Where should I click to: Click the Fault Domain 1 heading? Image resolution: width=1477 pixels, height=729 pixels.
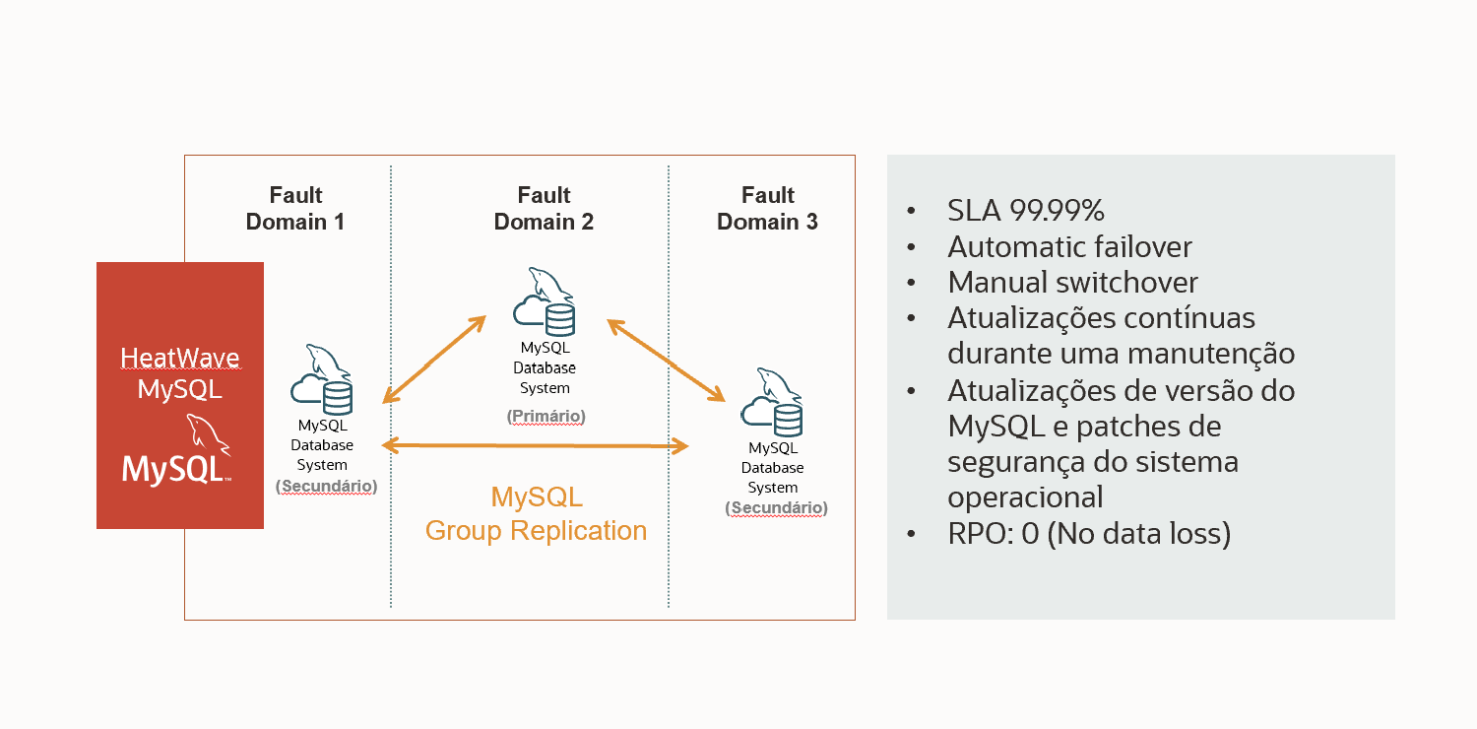[294, 208]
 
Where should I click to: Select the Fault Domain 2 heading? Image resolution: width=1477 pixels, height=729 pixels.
[544, 208]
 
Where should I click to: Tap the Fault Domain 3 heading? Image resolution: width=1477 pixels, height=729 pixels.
[767, 208]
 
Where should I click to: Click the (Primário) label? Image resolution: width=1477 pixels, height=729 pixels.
[546, 416]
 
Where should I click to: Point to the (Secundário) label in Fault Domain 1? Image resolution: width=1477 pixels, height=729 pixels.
[326, 486]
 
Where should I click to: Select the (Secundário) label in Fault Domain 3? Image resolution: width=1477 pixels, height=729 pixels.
[776, 508]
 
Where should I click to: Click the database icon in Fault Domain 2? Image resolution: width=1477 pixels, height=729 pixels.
[544, 301]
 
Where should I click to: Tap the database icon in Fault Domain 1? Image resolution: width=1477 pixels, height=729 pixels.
[321, 379]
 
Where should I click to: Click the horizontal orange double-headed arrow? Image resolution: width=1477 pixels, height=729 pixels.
[535, 446]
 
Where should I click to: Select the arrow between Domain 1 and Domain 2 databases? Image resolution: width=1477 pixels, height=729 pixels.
[434, 360]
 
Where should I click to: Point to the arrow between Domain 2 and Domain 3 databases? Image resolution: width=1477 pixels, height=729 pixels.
[666, 361]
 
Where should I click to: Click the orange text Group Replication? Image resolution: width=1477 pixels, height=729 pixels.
[536, 530]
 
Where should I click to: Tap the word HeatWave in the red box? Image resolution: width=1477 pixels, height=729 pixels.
[179, 358]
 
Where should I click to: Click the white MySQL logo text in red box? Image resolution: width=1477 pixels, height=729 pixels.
[174, 469]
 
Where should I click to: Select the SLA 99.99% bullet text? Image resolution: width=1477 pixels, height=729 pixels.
[1025, 210]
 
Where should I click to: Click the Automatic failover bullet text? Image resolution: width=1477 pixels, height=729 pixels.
[1069, 246]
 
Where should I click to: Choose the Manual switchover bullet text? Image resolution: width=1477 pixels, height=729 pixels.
[1072, 283]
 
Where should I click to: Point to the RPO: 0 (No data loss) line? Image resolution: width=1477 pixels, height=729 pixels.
[1089, 534]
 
